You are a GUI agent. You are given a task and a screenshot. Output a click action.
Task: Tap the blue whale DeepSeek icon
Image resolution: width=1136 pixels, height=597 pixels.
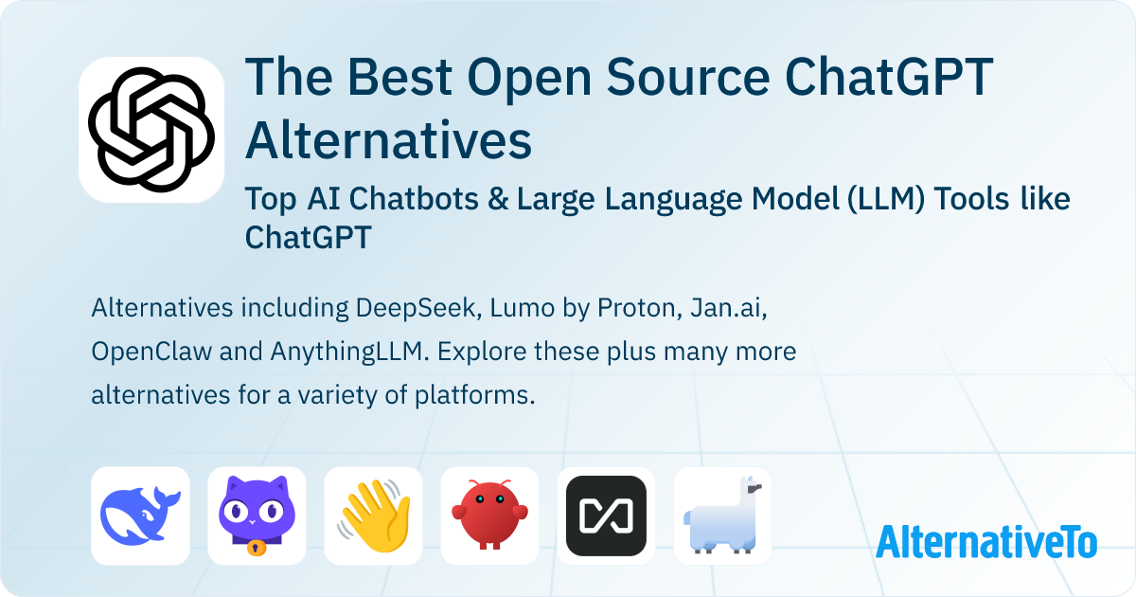(x=140, y=516)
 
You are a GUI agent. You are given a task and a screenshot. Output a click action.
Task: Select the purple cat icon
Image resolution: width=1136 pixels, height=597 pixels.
(x=257, y=516)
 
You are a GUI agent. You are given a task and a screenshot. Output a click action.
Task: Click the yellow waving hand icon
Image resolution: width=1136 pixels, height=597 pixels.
(x=373, y=516)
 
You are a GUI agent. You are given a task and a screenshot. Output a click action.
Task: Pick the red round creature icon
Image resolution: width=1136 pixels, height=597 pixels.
(x=489, y=516)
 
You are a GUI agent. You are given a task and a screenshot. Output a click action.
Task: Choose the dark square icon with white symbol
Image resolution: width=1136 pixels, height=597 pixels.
(x=606, y=516)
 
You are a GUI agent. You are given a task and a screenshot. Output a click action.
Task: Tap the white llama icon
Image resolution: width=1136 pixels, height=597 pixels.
(x=722, y=516)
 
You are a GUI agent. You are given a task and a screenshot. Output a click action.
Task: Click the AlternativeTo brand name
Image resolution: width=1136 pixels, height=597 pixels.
(x=985, y=541)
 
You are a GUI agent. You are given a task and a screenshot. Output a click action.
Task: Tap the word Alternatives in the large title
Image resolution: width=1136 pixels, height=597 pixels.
(x=388, y=139)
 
